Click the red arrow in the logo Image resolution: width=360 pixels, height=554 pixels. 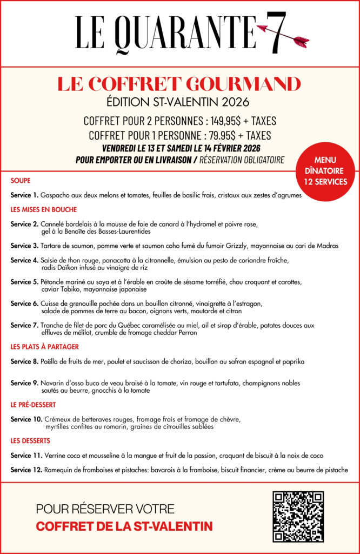[x=282, y=34]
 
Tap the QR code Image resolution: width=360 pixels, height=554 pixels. [x=298, y=517]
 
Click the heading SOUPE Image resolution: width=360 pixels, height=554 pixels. [x=21, y=180]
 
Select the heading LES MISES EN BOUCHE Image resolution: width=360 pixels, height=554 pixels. [x=44, y=209]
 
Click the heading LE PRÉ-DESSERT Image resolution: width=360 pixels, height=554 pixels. [x=34, y=404]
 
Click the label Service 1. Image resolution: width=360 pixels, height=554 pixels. [x=24, y=195]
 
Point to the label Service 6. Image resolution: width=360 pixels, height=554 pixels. [x=24, y=304]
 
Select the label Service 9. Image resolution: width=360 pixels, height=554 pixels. [x=24, y=383]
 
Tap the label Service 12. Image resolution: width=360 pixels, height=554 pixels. [x=26, y=470]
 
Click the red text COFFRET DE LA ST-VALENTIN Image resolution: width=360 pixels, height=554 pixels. [x=124, y=526]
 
